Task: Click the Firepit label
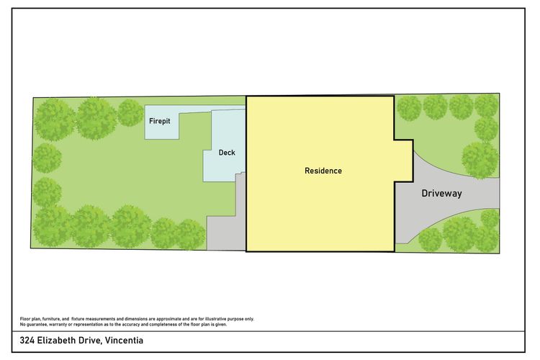pyautogui.click(x=159, y=121)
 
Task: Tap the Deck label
pyautogui.click(x=227, y=153)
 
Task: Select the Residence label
pyautogui.click(x=323, y=171)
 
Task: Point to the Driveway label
pyautogui.click(x=441, y=193)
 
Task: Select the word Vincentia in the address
pyautogui.click(x=124, y=341)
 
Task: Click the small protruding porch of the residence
pyautogui.click(x=404, y=161)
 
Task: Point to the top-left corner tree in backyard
pyautogui.click(x=55, y=120)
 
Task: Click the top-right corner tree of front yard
pyautogui.click(x=486, y=105)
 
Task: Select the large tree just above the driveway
pyautogui.click(x=480, y=160)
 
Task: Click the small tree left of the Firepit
pyautogui.click(x=130, y=112)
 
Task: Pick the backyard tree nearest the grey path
pyautogui.click(x=191, y=234)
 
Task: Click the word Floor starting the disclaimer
pyautogui.click(x=25, y=319)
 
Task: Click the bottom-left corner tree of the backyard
pyautogui.click(x=51, y=226)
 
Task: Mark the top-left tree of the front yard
pyautogui.click(x=409, y=108)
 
